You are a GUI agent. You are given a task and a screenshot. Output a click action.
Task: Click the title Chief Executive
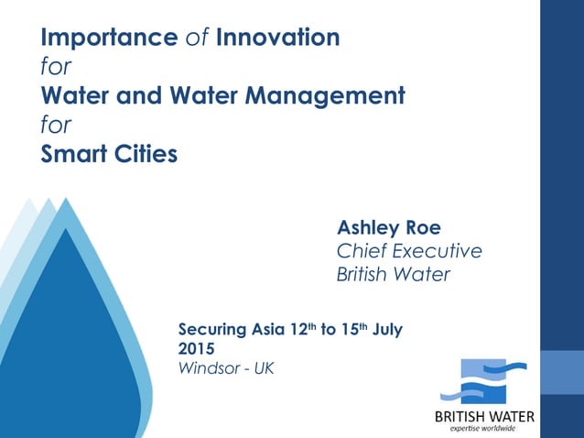click(x=409, y=250)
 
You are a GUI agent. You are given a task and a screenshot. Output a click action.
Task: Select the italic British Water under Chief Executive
click(x=394, y=274)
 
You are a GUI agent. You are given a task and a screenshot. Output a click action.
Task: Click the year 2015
click(x=197, y=348)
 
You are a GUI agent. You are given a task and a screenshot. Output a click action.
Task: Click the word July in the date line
click(x=385, y=328)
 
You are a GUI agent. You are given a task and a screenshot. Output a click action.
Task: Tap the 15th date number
click(x=351, y=327)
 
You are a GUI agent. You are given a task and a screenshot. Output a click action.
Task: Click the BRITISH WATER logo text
click(x=484, y=417)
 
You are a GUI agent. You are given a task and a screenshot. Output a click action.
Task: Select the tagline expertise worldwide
click(x=484, y=429)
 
